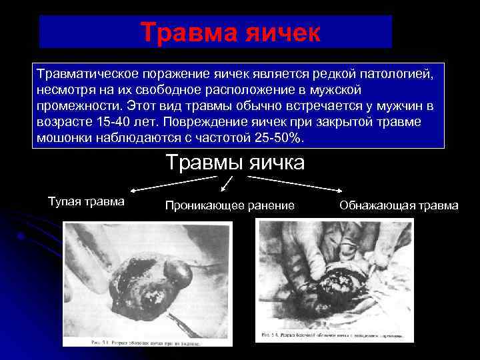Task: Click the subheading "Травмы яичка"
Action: click(x=235, y=162)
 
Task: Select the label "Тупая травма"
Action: click(x=87, y=201)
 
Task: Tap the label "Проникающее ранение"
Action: click(x=230, y=205)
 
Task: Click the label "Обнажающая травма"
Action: click(x=399, y=205)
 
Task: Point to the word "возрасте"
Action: click(x=66, y=122)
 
